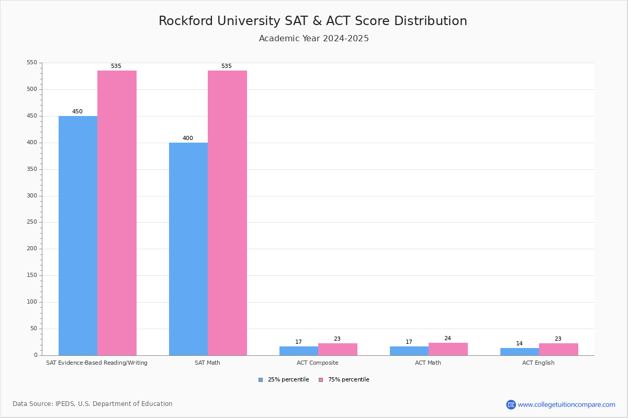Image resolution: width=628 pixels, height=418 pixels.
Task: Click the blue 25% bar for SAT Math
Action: tap(188, 249)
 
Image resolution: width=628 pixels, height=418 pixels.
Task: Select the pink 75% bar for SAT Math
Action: tap(227, 213)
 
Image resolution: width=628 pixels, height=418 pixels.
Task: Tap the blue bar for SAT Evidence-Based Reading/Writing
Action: tap(78, 236)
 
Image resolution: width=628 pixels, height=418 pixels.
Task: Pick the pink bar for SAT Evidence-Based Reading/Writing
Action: tap(117, 213)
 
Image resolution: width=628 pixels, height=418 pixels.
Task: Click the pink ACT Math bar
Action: tap(448, 349)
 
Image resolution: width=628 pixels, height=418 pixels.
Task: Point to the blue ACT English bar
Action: tap(520, 352)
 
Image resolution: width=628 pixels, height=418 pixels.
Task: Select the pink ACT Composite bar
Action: tap(338, 349)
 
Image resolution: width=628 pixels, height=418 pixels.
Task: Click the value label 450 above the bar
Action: tap(77, 112)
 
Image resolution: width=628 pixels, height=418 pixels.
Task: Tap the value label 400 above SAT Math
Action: tap(188, 138)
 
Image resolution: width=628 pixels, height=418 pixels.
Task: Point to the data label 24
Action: tap(447, 339)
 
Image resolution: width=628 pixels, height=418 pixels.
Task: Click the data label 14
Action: tap(519, 344)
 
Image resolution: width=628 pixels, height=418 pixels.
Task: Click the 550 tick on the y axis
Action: tap(32, 63)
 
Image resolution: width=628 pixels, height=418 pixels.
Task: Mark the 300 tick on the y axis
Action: tap(32, 196)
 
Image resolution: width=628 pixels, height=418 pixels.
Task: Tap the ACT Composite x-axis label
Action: tap(318, 363)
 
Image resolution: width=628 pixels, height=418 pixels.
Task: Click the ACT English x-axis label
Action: tap(539, 363)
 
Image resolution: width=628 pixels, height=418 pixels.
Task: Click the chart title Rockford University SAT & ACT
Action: tap(313, 21)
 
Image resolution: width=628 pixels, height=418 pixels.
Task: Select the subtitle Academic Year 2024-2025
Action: tap(314, 39)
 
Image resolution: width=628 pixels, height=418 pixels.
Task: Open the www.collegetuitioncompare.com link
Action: tap(566, 404)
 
